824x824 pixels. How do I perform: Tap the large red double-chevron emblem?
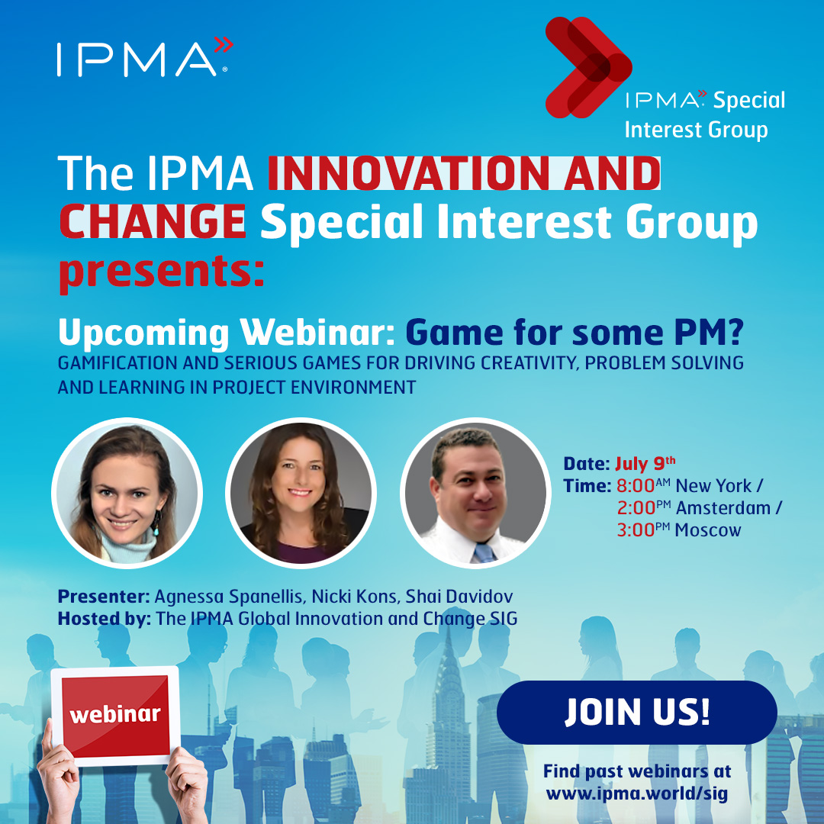(588, 67)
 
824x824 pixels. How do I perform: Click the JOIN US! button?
(637, 712)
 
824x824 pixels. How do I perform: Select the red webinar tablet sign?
(116, 716)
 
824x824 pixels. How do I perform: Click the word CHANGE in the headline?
(153, 221)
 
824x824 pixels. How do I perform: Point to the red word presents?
(161, 272)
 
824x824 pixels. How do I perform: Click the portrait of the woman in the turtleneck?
(127, 493)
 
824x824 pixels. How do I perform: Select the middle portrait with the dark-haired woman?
(301, 493)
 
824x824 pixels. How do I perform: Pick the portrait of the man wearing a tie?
(475, 493)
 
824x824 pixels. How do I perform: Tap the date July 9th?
(645, 464)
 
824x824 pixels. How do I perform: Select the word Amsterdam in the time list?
(723, 508)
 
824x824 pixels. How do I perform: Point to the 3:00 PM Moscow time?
(679, 529)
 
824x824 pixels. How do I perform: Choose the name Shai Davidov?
(459, 597)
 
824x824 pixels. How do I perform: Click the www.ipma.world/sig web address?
(637, 793)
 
